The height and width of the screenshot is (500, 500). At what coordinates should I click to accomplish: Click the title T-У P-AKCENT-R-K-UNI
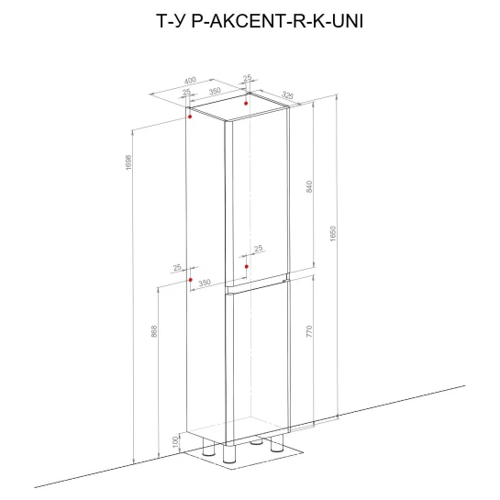pyautogui.click(x=260, y=21)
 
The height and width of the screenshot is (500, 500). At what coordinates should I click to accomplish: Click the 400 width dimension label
pyautogui.click(x=190, y=81)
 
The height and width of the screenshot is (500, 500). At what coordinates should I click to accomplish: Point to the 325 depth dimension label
pyautogui.click(x=287, y=94)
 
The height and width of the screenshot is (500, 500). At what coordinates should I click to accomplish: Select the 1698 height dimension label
pyautogui.click(x=128, y=162)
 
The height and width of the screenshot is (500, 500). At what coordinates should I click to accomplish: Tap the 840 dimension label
pyautogui.click(x=309, y=186)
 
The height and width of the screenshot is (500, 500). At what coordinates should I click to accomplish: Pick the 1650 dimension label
pyautogui.click(x=333, y=234)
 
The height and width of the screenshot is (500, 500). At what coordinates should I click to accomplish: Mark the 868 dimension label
pyautogui.click(x=154, y=331)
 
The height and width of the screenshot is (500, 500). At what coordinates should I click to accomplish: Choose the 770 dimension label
pyautogui.click(x=309, y=331)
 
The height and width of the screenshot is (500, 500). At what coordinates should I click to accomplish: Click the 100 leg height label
pyautogui.click(x=174, y=442)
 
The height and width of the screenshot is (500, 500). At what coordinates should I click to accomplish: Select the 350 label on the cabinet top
pyautogui.click(x=215, y=91)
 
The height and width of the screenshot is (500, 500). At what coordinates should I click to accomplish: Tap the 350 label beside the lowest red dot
pyautogui.click(x=205, y=283)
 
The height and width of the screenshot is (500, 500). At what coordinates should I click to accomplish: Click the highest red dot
pyautogui.click(x=246, y=104)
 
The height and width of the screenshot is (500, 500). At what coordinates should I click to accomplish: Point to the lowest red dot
pyautogui.click(x=191, y=280)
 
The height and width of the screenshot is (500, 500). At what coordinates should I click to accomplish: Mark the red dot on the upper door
pyautogui.click(x=247, y=266)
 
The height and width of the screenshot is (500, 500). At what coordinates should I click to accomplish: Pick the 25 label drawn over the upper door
pyautogui.click(x=259, y=248)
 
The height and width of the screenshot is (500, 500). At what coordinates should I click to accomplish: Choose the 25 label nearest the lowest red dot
pyautogui.click(x=177, y=267)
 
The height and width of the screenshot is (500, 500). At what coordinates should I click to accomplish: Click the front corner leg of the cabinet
pyautogui.click(x=229, y=453)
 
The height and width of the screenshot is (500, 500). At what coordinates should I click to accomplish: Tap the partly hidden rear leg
pyautogui.click(x=256, y=441)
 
